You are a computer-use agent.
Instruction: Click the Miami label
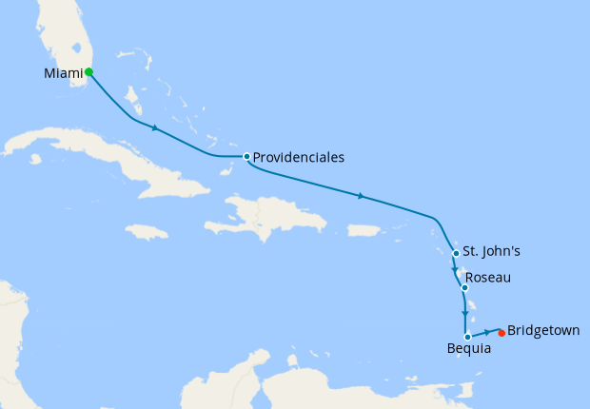(63, 72)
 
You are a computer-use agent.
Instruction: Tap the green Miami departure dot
(88, 71)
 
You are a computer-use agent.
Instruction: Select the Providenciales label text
(298, 157)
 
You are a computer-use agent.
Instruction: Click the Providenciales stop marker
(246, 156)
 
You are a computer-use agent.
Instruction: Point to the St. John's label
(491, 253)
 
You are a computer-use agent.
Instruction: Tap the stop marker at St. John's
(457, 253)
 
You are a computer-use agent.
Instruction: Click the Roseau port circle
(464, 287)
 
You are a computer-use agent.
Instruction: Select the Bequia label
(469, 349)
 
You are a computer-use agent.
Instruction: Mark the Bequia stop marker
(467, 337)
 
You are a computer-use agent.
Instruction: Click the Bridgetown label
(542, 331)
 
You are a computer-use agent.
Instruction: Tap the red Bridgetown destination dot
(501, 332)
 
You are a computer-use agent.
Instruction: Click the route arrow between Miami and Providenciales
(154, 127)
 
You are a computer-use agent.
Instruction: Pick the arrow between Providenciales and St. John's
(361, 196)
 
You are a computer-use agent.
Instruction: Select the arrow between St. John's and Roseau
(454, 271)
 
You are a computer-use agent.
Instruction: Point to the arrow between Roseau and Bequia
(464, 313)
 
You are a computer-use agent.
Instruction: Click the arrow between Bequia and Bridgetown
(488, 332)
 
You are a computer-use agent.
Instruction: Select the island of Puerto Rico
(364, 230)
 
